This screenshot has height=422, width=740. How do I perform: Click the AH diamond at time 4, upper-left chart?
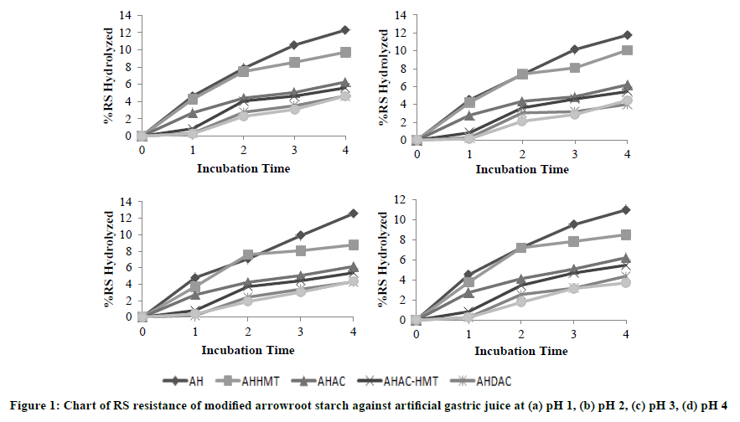pos(344,30)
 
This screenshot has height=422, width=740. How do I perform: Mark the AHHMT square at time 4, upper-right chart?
pos(628,50)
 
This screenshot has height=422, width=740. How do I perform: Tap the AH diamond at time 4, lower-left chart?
pos(354,214)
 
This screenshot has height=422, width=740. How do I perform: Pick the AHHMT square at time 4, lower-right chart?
pos(626,234)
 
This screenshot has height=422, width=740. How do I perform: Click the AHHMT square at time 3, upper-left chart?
pos(294,62)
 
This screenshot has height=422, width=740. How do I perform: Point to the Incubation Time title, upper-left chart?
pos(244,168)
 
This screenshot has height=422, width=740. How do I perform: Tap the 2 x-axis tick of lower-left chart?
pos(248,332)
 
